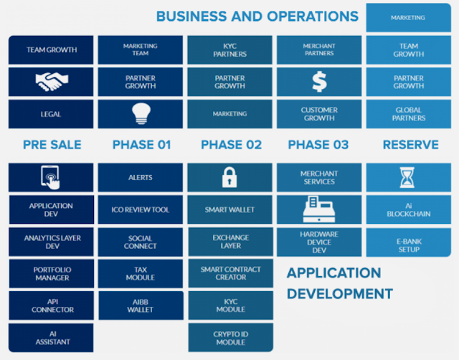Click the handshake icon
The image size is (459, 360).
[x=52, y=82]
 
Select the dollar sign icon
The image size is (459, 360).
[x=319, y=82]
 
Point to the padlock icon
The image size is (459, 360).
[x=230, y=177]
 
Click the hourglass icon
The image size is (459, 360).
[x=408, y=177]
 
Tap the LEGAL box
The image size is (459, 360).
[x=52, y=113]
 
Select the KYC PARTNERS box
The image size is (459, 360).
[x=230, y=50]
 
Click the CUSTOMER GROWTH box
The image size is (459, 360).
[x=319, y=113]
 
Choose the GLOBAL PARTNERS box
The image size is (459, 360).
[x=408, y=113]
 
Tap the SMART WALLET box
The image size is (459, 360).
[x=230, y=209]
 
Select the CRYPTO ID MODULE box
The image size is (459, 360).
[x=230, y=337]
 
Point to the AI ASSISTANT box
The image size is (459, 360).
[x=52, y=337]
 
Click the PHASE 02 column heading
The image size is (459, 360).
[x=231, y=145]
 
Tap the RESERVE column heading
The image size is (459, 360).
[x=410, y=145]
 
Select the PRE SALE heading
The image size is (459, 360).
[x=52, y=145]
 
